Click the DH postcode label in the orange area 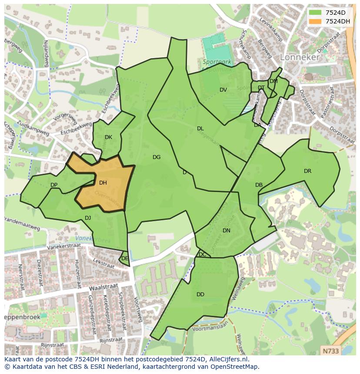click(103, 183)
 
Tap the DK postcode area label click(108, 137)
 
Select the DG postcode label click(157, 157)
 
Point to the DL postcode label click(200, 129)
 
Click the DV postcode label click(223, 90)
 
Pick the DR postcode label click(307, 171)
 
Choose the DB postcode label click(259, 185)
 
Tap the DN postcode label click(226, 231)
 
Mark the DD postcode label click(200, 295)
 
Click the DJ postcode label click(88, 218)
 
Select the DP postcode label click(54, 185)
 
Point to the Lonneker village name click(300, 57)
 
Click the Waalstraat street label click(103, 288)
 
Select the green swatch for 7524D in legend click(315, 12)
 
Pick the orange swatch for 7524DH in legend click(315, 21)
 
